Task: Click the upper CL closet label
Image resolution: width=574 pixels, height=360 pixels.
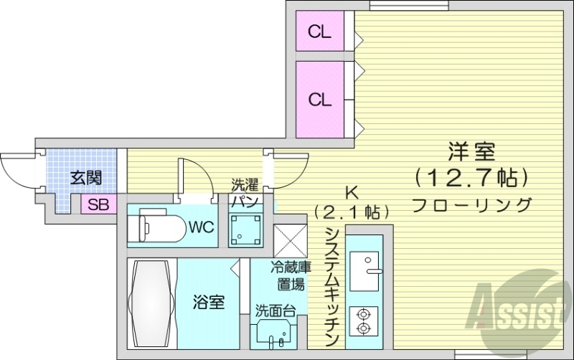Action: tap(319, 32)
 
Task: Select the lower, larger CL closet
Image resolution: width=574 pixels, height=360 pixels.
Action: tap(320, 100)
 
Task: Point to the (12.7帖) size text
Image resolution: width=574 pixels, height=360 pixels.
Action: tap(472, 176)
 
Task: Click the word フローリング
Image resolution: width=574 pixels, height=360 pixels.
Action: tap(472, 204)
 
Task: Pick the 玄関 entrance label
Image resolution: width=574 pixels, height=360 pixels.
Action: tap(85, 177)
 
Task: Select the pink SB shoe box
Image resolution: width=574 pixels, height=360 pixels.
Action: tap(98, 204)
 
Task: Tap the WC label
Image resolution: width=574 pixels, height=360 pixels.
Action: tap(202, 228)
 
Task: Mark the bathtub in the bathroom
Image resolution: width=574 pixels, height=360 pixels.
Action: tap(151, 302)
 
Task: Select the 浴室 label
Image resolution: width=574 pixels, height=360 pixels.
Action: tap(208, 303)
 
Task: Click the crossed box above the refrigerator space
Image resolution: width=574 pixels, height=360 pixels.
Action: tap(290, 238)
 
